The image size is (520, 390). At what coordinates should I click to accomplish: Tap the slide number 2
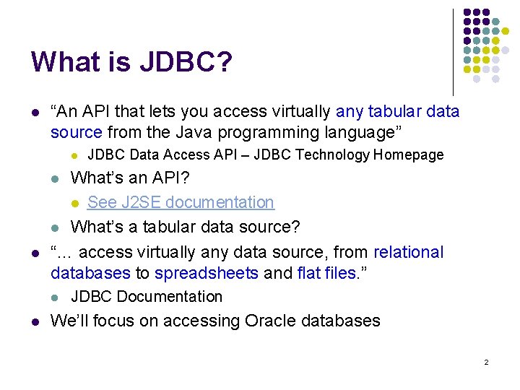pyautogui.click(x=486, y=361)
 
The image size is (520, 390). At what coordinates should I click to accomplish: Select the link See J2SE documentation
pyautogui.click(x=181, y=202)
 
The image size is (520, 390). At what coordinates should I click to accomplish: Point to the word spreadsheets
pyautogui.click(x=207, y=273)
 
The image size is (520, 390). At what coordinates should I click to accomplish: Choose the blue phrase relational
pyautogui.click(x=408, y=252)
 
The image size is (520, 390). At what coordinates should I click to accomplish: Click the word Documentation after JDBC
pyautogui.click(x=169, y=297)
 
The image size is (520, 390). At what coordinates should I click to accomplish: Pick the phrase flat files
pyautogui.click(x=325, y=273)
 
